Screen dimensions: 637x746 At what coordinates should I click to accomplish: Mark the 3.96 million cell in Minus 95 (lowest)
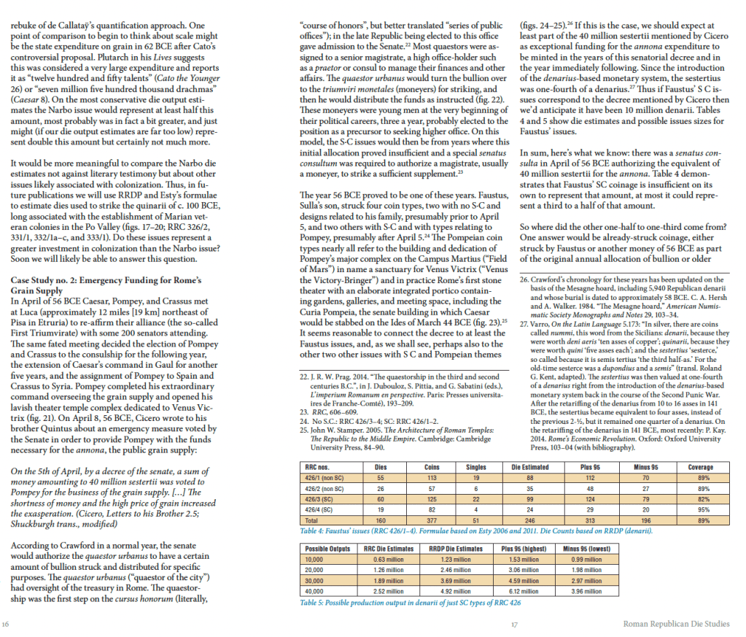coord(588,590)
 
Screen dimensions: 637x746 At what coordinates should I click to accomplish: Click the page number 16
coord(6,625)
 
